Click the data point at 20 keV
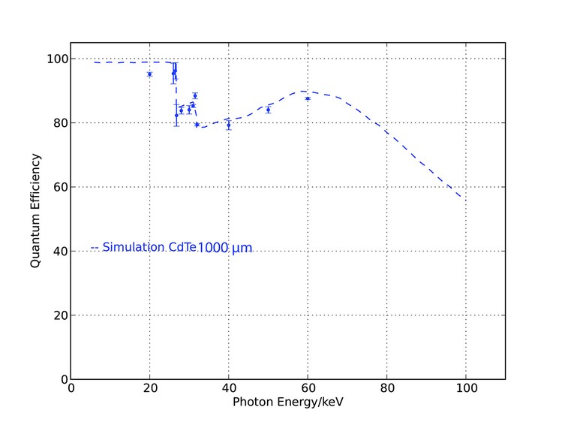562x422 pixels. (149, 74)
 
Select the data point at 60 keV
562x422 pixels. (308, 98)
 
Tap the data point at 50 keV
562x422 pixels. (268, 110)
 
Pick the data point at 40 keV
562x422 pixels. (228, 125)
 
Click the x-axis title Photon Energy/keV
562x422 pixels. (288, 402)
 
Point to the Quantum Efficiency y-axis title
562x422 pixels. (35, 211)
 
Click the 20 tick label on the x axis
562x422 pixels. (150, 389)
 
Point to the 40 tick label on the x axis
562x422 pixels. (229, 389)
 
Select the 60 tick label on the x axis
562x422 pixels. (308, 389)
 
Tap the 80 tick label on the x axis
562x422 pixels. (386, 389)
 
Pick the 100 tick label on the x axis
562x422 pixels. (465, 389)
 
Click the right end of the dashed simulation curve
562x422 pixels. (461, 197)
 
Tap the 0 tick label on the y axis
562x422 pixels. (62, 379)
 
